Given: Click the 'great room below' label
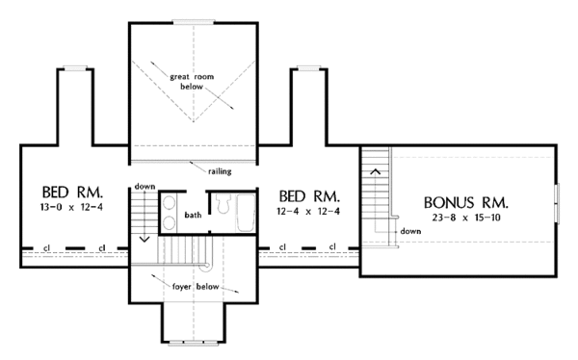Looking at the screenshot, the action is pos(192,82).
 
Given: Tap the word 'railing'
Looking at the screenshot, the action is pos(220,171).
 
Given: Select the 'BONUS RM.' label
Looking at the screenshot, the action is pos(466,203).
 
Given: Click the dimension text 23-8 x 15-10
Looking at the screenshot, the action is pos(466,218).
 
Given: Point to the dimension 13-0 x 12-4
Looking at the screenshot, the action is pos(71,207).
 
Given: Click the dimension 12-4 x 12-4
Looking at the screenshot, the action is pos(308,212).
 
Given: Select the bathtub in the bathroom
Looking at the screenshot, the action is pos(246,213).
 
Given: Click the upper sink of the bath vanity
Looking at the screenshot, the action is pos(169,203).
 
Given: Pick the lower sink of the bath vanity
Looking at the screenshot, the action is pos(169,223).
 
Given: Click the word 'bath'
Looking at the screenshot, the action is pos(193,215).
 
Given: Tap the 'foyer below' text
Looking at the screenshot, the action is pos(196,287).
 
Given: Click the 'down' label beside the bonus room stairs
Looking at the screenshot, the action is pos(410,231).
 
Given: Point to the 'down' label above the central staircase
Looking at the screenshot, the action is pos(144,187).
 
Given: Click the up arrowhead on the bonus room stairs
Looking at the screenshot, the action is pos(376,171).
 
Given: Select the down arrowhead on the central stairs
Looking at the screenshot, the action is pos(144,239).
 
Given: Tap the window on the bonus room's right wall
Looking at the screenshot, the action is pos(558,203).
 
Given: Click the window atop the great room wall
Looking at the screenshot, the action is pos(194,22).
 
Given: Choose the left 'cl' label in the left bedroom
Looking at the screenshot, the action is pos(47,248).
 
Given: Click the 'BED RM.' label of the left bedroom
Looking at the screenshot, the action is pos(72,193).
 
